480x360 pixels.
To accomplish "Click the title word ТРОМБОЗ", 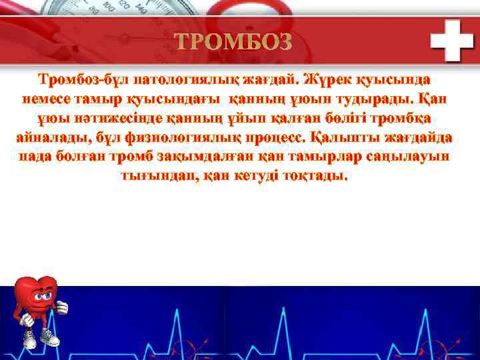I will point(234,42).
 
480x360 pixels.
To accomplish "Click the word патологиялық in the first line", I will point(183,81).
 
